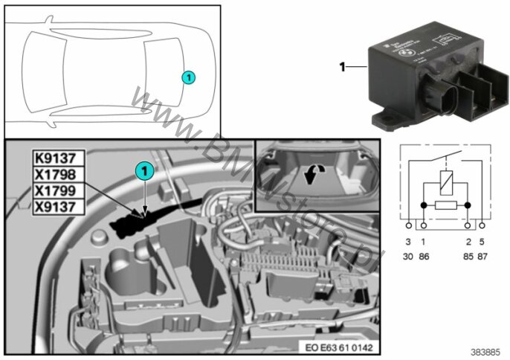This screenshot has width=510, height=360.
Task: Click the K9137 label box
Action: [x=59, y=158]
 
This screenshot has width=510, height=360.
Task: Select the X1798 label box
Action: [x=59, y=174]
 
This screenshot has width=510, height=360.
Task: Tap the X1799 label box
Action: [x=59, y=190]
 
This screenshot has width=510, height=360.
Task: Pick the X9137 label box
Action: [x=59, y=206]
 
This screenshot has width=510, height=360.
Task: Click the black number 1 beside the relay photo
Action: [x=343, y=67]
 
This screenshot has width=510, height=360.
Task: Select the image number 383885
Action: [x=490, y=352]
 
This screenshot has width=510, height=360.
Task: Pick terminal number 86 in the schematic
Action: [x=425, y=256]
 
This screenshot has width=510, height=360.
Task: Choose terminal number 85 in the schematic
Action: [x=468, y=256]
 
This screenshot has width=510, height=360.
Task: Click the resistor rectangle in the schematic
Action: [x=445, y=203]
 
